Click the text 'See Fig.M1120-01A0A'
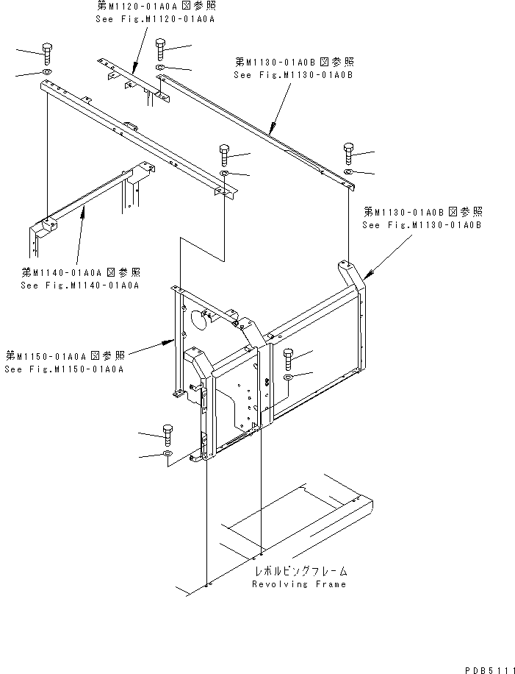click(x=155, y=18)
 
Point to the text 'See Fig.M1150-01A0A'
click(x=63, y=369)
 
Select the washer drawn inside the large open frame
click(x=288, y=377)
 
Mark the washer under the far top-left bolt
click(x=46, y=74)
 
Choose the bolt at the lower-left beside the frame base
click(x=168, y=436)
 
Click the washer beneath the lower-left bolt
click(x=168, y=455)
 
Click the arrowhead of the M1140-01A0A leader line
click(x=87, y=209)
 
